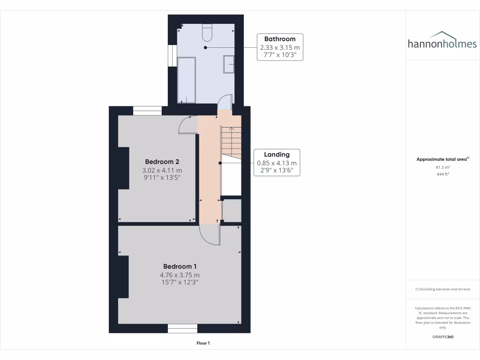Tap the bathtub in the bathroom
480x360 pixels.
[x=187, y=80]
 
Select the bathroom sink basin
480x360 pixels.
[x=229, y=64]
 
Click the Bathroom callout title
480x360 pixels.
[x=280, y=39]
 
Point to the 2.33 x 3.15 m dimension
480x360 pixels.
[x=280, y=47]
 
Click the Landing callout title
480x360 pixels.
[x=277, y=154]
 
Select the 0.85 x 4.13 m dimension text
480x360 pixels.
[x=277, y=163]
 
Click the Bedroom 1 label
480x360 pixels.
[x=180, y=266]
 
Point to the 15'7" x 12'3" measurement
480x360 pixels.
[x=180, y=282]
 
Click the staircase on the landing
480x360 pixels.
[x=231, y=143]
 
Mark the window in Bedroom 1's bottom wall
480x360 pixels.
[x=182, y=329]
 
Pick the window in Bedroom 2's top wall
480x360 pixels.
[x=147, y=111]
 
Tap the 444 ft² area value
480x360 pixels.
[x=442, y=174]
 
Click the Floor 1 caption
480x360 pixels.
[x=203, y=343]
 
